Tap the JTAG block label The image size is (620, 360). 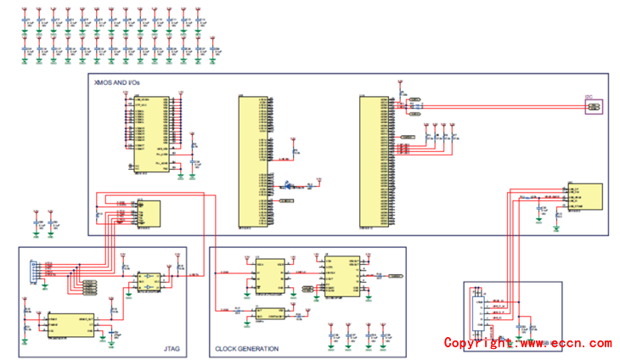coord(172,348)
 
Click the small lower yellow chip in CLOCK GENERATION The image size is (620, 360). coord(270,313)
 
